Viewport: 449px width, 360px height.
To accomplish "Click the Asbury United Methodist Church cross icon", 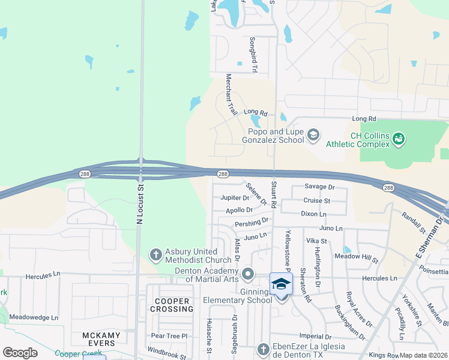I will (155, 254).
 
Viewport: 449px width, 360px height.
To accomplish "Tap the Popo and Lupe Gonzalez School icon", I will (313, 135).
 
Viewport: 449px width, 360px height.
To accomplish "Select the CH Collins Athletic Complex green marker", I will (398, 139).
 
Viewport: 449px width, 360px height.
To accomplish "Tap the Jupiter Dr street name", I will (235, 197).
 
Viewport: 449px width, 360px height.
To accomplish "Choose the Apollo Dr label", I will (239, 210).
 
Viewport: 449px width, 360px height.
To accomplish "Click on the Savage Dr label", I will (319, 187).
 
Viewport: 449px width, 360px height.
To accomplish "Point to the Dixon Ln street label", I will (313, 214).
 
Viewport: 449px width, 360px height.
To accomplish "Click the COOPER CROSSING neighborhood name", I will (172, 305).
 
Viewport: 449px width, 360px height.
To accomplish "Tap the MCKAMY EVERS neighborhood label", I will (101, 339).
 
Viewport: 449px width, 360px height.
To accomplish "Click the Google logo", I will (20, 353).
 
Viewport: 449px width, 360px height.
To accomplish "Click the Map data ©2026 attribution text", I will (424, 355).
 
